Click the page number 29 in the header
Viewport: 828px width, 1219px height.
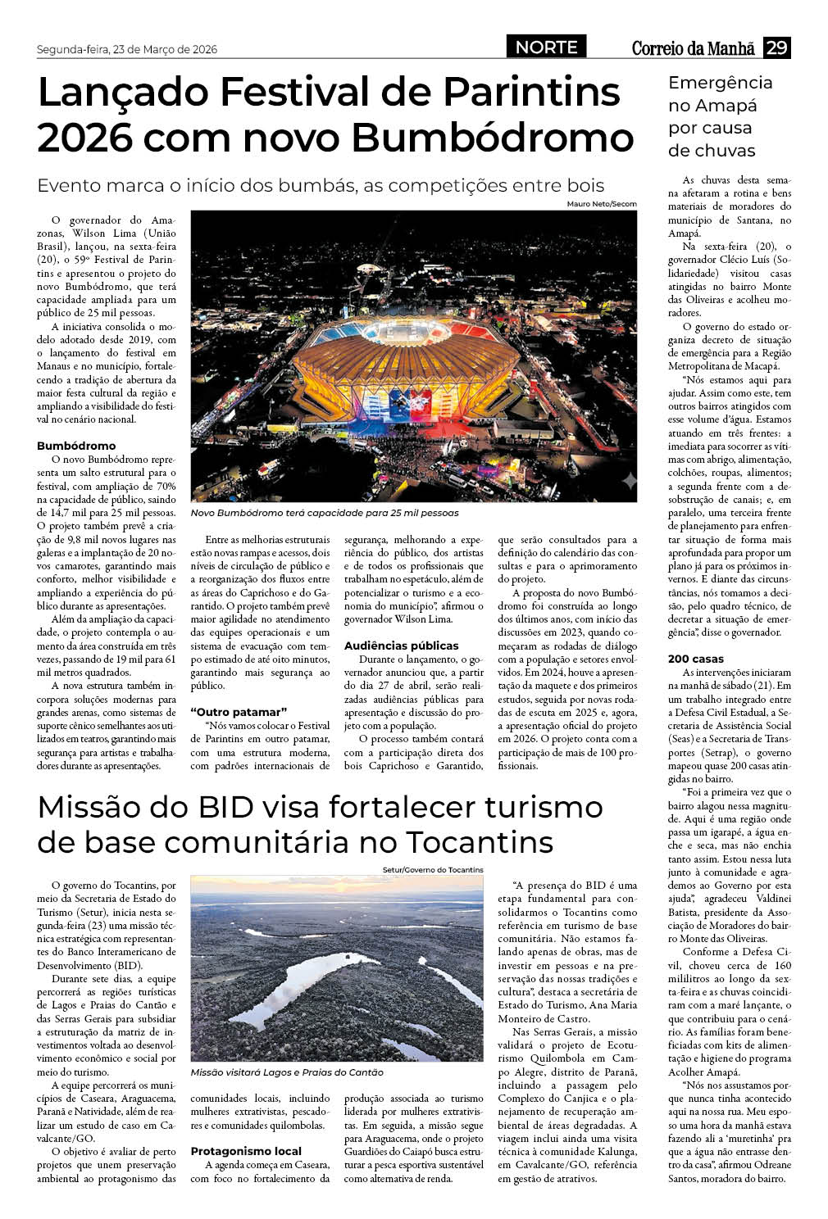[x=776, y=48]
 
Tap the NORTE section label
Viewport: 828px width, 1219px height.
[x=546, y=48]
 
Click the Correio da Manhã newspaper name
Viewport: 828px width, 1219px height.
[x=693, y=48]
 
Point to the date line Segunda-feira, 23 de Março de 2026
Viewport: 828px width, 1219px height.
[x=127, y=49]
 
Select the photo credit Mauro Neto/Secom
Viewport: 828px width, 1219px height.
[x=601, y=204]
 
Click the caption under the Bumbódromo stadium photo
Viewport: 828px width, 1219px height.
[x=325, y=513]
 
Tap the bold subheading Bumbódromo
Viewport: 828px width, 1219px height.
[x=76, y=446]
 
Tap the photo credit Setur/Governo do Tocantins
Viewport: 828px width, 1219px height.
[x=433, y=869]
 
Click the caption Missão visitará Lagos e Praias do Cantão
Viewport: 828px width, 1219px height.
[x=287, y=1072]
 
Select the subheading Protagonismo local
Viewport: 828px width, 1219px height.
[x=246, y=1151]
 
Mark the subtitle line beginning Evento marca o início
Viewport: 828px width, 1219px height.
[x=321, y=185]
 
